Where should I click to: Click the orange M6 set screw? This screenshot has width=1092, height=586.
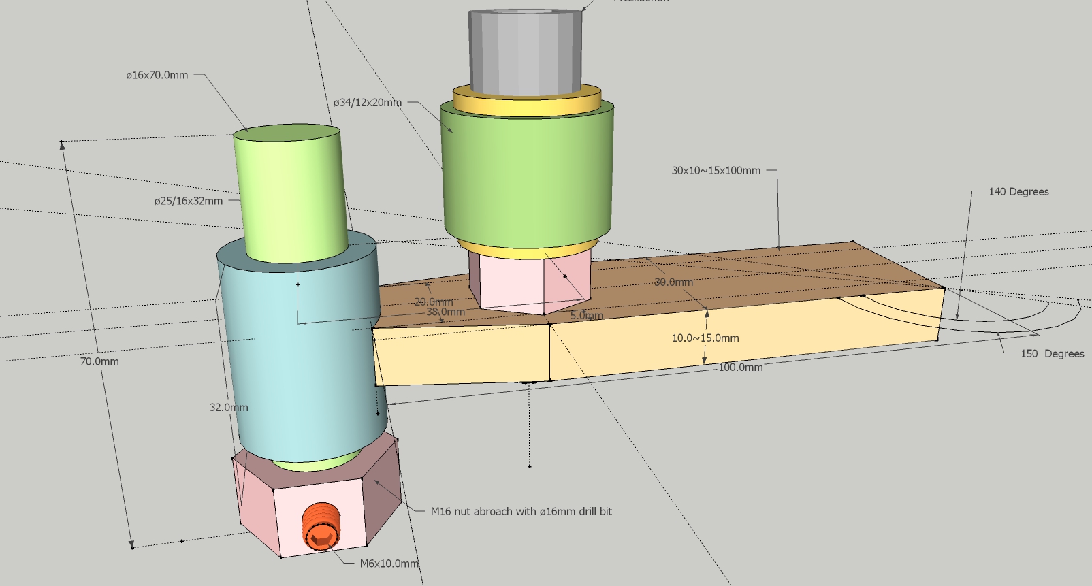(320, 526)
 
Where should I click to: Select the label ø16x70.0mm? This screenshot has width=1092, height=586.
(157, 75)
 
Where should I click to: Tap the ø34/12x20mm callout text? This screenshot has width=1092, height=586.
(367, 103)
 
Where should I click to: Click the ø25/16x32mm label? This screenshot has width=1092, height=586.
(188, 201)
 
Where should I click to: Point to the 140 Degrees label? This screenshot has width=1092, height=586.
(1018, 192)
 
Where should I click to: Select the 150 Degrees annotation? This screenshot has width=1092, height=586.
(1052, 353)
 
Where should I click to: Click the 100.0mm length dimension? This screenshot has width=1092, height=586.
(740, 367)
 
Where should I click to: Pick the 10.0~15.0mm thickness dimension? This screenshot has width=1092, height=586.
(705, 338)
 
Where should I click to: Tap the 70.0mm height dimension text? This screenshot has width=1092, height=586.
(99, 361)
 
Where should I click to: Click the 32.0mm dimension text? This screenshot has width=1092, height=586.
(228, 407)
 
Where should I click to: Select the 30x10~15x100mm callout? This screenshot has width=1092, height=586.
(716, 171)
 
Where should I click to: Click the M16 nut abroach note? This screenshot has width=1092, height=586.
(521, 511)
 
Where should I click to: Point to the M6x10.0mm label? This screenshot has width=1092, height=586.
(389, 564)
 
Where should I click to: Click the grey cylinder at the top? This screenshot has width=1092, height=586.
(525, 51)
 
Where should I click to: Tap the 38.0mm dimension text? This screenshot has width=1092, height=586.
(445, 312)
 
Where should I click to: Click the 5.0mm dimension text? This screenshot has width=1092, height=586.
(586, 316)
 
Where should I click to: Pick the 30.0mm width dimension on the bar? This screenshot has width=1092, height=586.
(673, 282)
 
